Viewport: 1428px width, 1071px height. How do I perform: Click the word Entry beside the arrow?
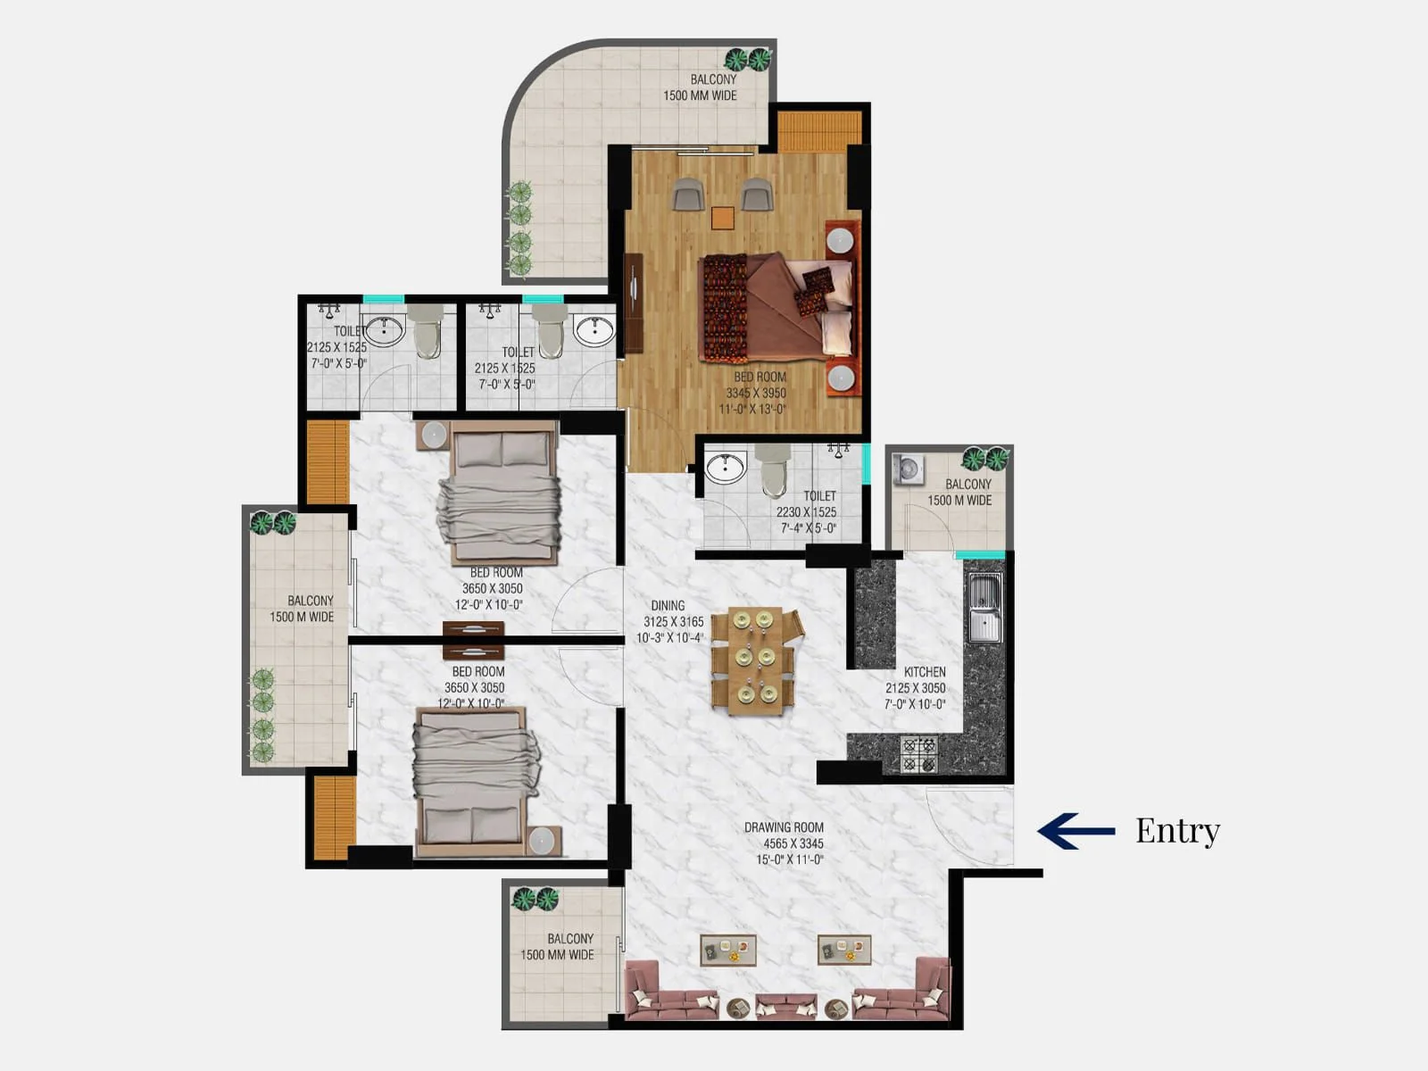(1177, 832)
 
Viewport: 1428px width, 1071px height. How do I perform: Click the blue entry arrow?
(1076, 831)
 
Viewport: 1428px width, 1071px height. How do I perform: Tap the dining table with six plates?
(756, 661)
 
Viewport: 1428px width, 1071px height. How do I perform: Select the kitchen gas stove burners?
(919, 753)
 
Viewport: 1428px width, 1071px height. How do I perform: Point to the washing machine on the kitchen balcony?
(909, 469)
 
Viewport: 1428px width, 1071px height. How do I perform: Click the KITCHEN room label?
(925, 672)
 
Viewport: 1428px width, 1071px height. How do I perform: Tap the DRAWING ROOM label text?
(784, 827)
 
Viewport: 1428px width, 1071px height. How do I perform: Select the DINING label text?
(668, 605)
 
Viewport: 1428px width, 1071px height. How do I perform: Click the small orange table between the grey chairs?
(722, 218)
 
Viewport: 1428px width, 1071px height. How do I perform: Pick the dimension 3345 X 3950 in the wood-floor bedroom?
(756, 393)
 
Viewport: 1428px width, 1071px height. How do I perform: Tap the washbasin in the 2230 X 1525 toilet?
(726, 468)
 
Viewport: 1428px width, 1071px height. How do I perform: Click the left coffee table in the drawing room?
(728, 951)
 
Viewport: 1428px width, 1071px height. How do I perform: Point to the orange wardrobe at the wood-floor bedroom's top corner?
(819, 131)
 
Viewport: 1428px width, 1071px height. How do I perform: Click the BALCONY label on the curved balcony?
(713, 79)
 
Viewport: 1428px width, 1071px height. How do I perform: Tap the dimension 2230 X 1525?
(806, 512)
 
